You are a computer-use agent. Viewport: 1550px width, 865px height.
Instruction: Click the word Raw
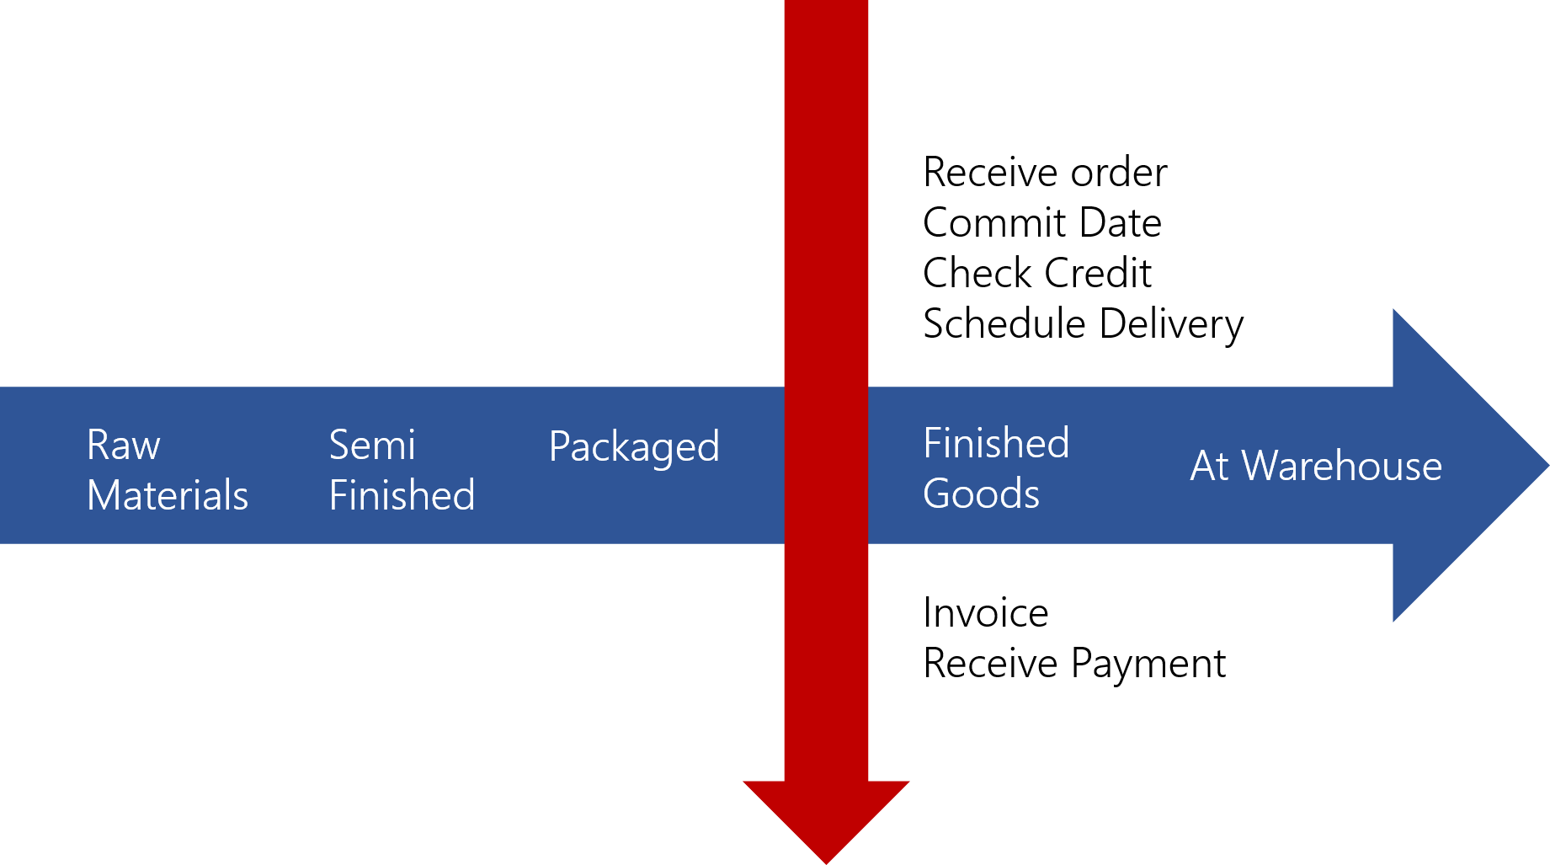tap(123, 446)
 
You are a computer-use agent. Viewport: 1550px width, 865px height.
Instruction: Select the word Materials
tap(168, 495)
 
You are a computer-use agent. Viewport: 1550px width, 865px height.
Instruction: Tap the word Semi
tap(371, 446)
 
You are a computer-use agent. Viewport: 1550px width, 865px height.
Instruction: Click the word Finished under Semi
tap(402, 495)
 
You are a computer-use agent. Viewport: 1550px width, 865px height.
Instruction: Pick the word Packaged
tap(634, 447)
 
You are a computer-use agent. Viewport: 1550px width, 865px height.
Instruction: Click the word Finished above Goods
tap(996, 444)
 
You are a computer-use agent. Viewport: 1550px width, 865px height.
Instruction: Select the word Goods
tap(981, 494)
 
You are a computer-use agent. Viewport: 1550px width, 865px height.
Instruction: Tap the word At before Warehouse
tap(1209, 467)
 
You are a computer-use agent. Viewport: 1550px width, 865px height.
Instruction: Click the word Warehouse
tap(1342, 467)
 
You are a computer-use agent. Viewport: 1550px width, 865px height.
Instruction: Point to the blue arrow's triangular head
tap(1457, 465)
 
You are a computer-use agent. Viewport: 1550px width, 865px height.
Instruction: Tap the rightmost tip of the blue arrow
tap(1546, 465)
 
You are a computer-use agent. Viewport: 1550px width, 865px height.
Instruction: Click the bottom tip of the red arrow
tap(826, 861)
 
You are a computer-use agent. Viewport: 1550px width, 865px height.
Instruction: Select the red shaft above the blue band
tap(826, 194)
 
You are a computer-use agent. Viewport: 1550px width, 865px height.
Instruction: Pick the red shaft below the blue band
tap(826, 665)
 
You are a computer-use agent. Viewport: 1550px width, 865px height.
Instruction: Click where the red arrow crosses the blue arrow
tap(826, 465)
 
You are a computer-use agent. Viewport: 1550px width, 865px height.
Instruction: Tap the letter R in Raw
tap(98, 446)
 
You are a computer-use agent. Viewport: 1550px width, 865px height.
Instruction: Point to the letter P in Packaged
tap(559, 446)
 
